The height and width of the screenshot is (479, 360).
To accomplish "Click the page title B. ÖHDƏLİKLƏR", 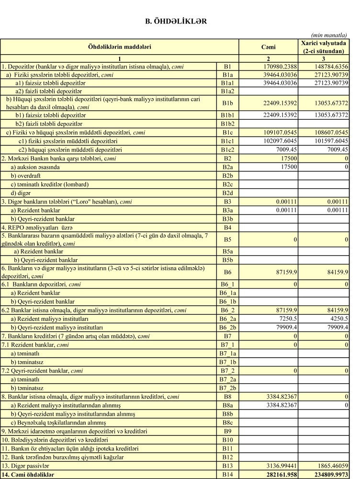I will coord(176,21).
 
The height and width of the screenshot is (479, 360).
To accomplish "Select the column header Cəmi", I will coord(268,46).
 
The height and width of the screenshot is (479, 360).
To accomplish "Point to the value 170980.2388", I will coord(277,67).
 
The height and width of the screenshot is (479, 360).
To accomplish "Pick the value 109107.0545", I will coord(277,133).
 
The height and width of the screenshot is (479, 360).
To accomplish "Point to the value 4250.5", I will coord(337,319).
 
